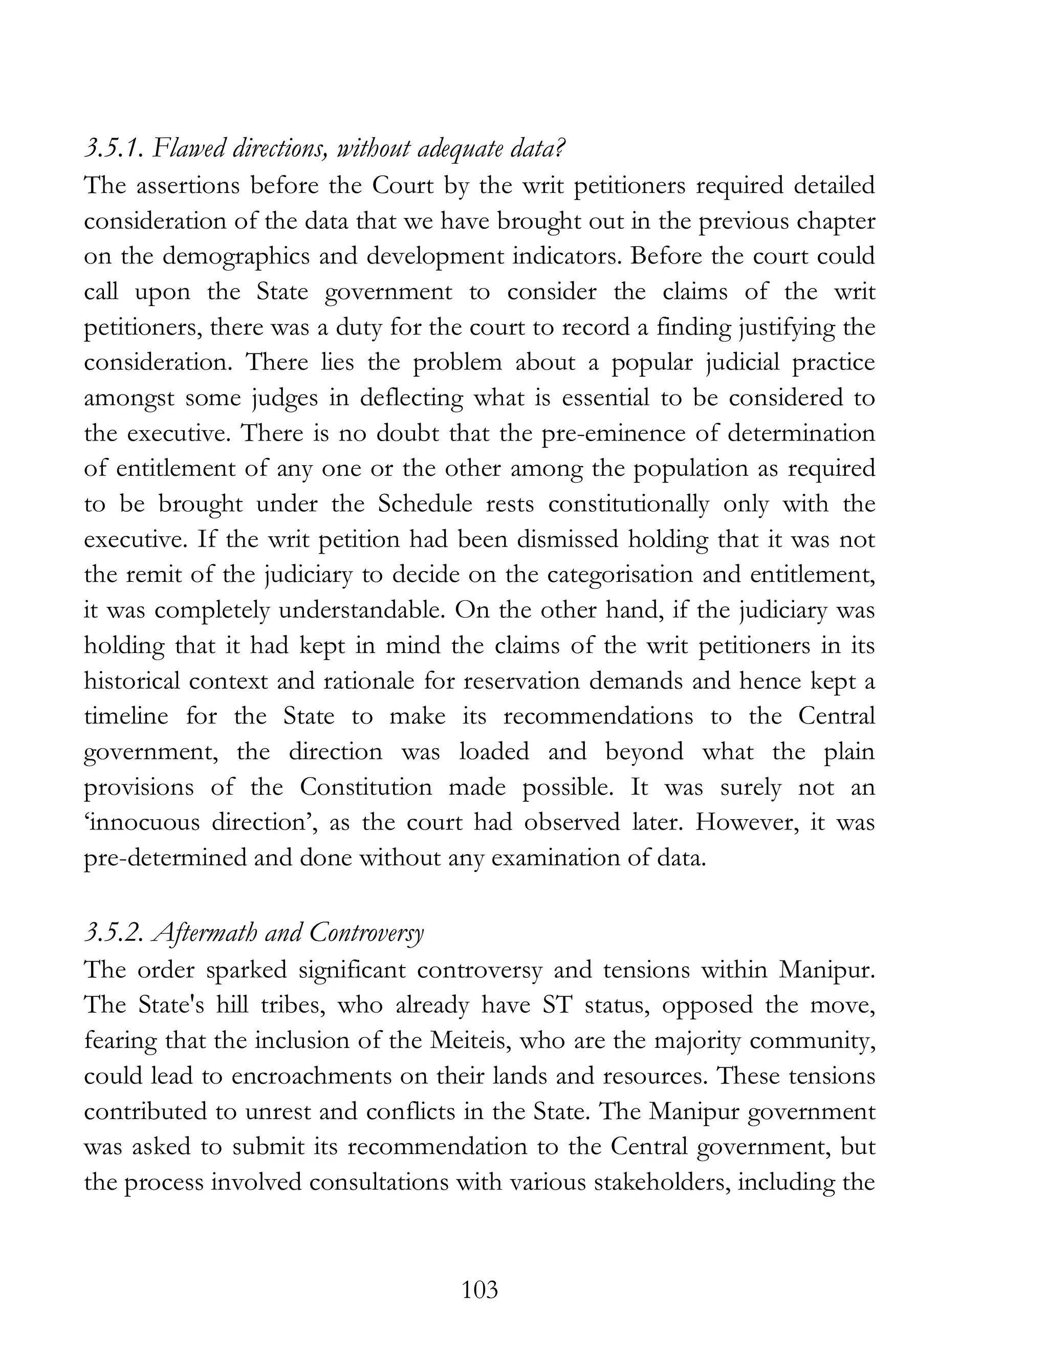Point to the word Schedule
coord(425,504)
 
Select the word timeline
coord(126,716)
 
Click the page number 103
coord(480,1290)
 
